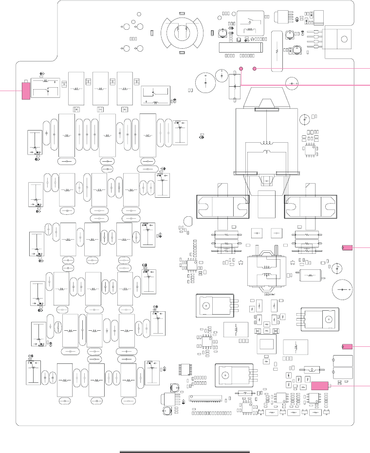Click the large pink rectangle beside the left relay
pyautogui.click(x=26, y=91)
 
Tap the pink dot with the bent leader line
pyautogui.click(x=241, y=67)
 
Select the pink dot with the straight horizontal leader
pyautogui.click(x=255, y=68)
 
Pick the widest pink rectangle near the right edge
pyautogui.click(x=320, y=385)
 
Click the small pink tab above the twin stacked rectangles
pyautogui.click(x=347, y=346)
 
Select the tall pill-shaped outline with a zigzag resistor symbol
pyautogui.click(x=276, y=45)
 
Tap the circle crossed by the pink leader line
pyautogui.click(x=292, y=84)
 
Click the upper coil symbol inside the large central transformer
pyautogui.click(x=266, y=143)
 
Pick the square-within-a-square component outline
pyautogui.click(x=267, y=344)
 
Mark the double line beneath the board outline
pyautogui.click(x=185, y=452)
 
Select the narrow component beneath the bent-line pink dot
pyautogui.click(x=236, y=85)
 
